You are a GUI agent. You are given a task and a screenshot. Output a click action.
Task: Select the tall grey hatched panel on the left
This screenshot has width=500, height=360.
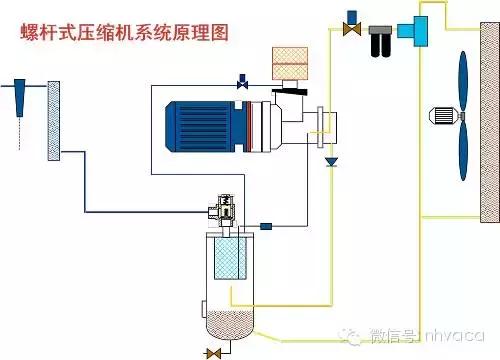pos(55,121)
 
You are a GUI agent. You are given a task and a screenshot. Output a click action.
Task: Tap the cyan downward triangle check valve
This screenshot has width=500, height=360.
pos(332,160)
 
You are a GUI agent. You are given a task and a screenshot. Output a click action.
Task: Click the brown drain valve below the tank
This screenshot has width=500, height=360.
pos(212,352)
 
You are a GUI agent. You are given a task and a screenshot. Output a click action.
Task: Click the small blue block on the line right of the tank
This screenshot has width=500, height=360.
pos(266,226)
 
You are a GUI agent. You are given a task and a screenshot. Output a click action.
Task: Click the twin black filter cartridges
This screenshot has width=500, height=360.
pos(379,45)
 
